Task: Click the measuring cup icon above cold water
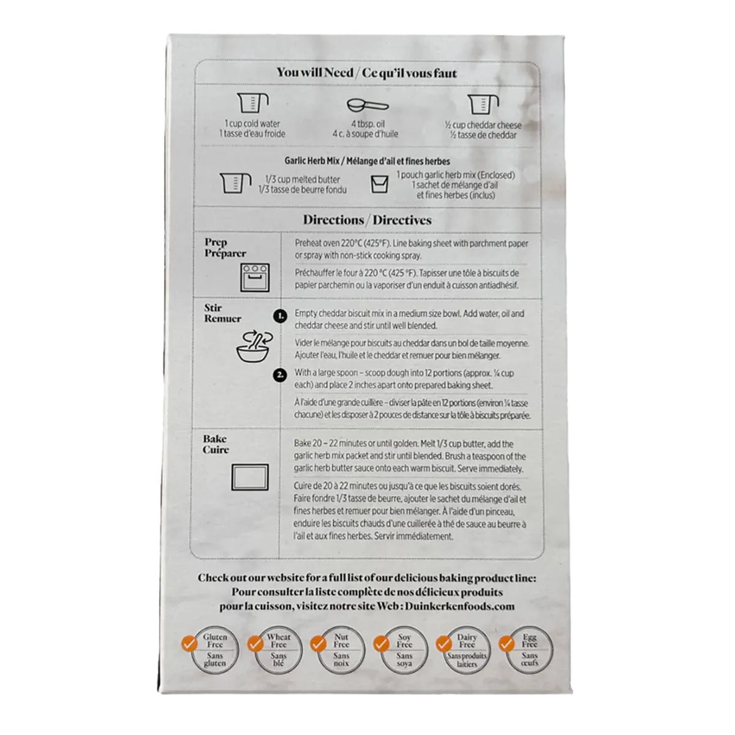(x=252, y=103)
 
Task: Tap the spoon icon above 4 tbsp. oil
(x=367, y=105)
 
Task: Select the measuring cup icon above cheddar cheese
(x=483, y=104)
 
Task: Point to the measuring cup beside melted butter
(x=235, y=183)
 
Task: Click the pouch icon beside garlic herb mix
(x=380, y=184)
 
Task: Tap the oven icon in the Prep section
(x=255, y=277)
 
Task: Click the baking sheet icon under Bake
(x=250, y=477)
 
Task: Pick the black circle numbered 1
(x=281, y=316)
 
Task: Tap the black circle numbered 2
(x=280, y=375)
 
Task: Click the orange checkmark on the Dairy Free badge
(x=443, y=644)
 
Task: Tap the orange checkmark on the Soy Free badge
(x=380, y=644)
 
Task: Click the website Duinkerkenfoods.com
(x=459, y=606)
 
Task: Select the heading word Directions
(x=333, y=220)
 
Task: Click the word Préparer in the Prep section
(x=225, y=253)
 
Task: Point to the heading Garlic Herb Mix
(x=312, y=161)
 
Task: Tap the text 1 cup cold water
(x=252, y=124)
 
